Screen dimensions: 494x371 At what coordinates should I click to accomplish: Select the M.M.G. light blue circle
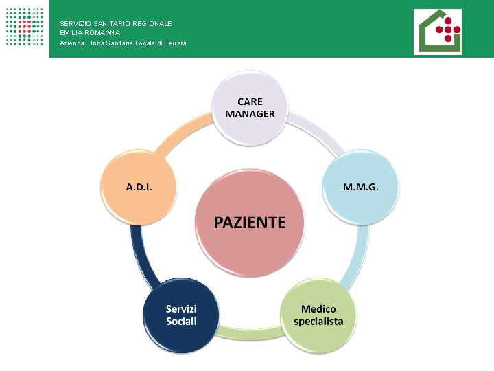(x=360, y=187)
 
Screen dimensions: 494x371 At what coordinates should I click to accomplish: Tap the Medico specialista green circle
(x=318, y=315)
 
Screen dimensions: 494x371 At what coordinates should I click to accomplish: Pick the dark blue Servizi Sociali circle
(x=181, y=315)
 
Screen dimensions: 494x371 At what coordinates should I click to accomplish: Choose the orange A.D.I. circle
(x=139, y=187)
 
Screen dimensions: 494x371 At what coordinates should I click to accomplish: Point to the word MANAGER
(x=250, y=113)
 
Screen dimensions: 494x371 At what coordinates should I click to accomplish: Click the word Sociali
(x=181, y=322)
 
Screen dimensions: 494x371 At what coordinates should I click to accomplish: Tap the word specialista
(x=318, y=322)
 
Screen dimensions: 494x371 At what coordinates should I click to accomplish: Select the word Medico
(x=318, y=309)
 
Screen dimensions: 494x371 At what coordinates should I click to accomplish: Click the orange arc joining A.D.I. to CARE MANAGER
(x=175, y=134)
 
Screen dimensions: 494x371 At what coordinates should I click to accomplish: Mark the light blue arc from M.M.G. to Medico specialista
(x=360, y=258)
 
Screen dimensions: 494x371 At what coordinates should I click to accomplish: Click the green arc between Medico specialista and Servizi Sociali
(x=250, y=334)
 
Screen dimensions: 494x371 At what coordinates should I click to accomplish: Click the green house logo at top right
(x=437, y=32)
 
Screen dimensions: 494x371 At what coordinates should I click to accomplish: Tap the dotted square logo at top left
(x=24, y=27)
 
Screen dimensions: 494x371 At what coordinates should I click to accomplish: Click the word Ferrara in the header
(x=174, y=43)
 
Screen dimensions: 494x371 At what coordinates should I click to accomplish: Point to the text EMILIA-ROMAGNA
(x=90, y=33)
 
